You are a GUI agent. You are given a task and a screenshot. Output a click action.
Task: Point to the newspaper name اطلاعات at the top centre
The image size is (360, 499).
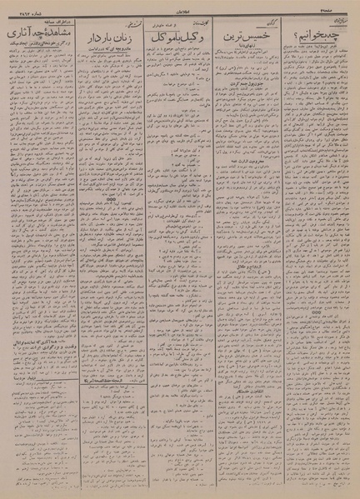(182, 15)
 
